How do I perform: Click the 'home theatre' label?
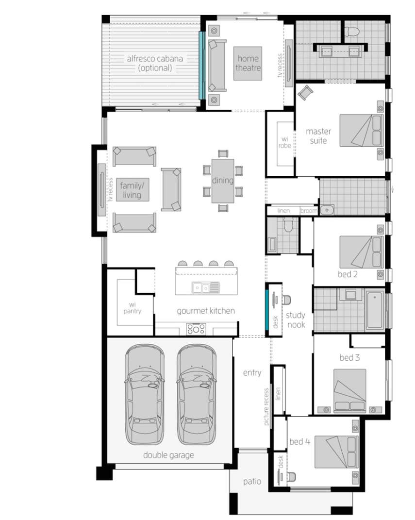coord(248,63)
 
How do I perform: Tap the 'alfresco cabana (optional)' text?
coord(155,63)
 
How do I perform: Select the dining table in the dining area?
coord(223,181)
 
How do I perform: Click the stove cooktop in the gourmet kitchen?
coord(196,329)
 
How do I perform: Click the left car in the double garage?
coord(144,394)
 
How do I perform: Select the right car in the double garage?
coord(196,394)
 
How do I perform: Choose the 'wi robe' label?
coord(285,142)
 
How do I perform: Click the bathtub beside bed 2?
coord(375,309)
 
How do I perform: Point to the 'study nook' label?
coord(295,319)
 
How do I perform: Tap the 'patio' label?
coord(252,482)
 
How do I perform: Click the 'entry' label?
coord(252,372)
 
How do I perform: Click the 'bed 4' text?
coord(299,441)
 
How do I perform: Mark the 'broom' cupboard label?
coord(309,211)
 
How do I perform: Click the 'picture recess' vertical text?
coord(266,407)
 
